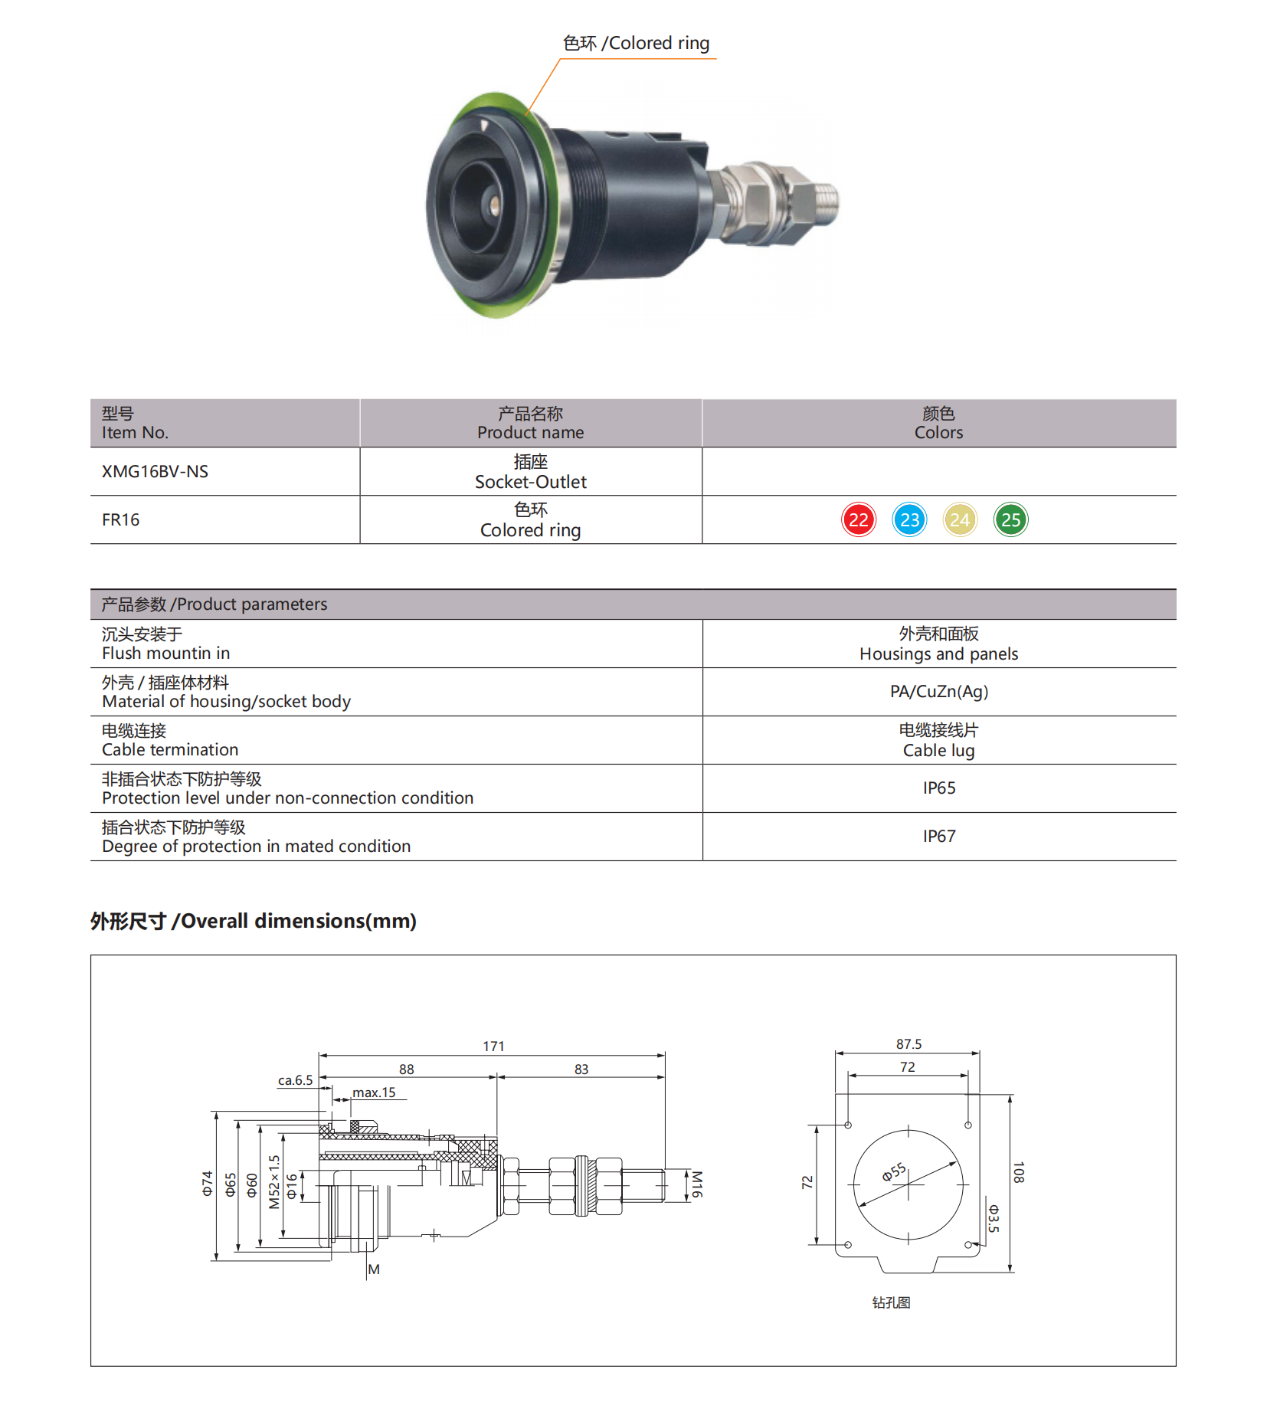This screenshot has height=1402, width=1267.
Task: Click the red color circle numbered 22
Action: point(858,520)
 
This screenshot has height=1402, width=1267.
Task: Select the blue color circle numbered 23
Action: point(909,520)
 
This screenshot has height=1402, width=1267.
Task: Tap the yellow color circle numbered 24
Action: point(960,520)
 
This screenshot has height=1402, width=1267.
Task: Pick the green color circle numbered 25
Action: point(1011,520)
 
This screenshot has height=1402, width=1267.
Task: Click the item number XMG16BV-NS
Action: point(155,472)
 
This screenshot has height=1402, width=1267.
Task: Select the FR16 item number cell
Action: point(120,520)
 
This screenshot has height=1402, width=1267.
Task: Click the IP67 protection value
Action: point(939,837)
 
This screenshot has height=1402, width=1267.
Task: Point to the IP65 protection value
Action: point(939,788)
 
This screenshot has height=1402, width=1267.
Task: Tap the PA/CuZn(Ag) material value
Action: point(939,692)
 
